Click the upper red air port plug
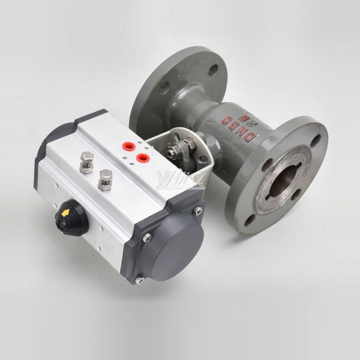click(128, 146)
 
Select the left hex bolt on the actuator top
click(87, 162)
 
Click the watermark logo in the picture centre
click(180, 180)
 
